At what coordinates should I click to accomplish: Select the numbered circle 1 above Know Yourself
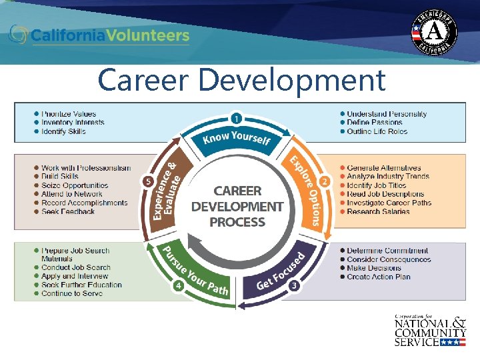coord(236,118)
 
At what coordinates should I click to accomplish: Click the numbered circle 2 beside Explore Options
coord(325,181)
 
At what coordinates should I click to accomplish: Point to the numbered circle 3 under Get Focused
coord(293,286)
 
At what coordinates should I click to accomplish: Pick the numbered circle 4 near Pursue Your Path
coord(179,286)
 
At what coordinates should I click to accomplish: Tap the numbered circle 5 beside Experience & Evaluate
coord(147,181)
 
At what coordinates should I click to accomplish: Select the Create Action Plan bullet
coord(378,277)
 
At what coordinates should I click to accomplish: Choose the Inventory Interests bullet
coord(73,123)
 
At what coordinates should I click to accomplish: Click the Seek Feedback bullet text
coord(68,211)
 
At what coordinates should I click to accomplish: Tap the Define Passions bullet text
coord(375,123)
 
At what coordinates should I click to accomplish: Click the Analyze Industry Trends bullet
coord(388,177)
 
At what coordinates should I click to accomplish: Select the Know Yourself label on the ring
coord(237,138)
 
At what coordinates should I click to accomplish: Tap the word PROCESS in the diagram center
coord(237,222)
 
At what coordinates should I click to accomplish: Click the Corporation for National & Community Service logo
coord(430,331)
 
